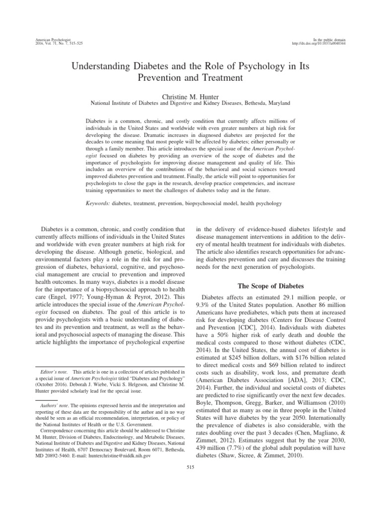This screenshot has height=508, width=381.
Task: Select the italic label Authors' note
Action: pos(55,419)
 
